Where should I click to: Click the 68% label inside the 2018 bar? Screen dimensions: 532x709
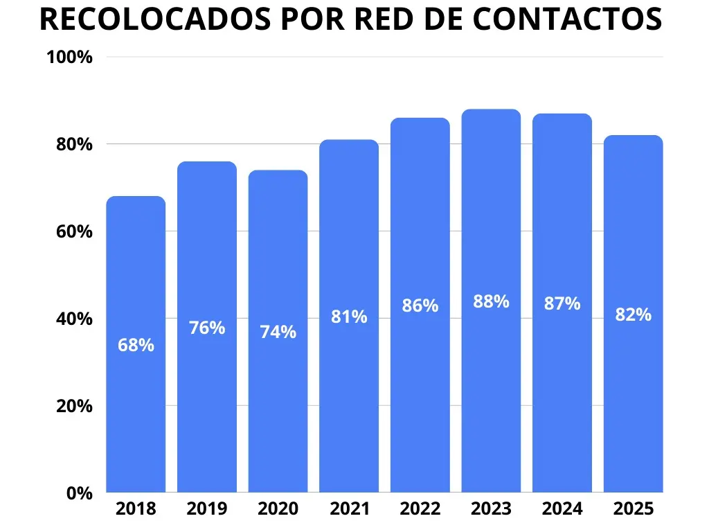coord(136,344)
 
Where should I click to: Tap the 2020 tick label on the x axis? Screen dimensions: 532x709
coord(278,509)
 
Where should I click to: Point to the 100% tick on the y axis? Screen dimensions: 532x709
coord(69,57)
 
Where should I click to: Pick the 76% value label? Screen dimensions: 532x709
coord(207,328)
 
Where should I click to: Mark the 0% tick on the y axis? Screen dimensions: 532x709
coord(80,493)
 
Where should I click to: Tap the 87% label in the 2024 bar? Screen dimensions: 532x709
coord(562,303)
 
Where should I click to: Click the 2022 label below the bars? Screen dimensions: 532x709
coord(420,509)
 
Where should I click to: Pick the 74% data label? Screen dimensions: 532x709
coord(278,332)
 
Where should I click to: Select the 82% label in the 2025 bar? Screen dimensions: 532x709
coord(633,314)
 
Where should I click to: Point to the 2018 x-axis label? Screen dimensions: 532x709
coord(136,509)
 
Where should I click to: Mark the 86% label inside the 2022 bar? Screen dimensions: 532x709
coord(420,305)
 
